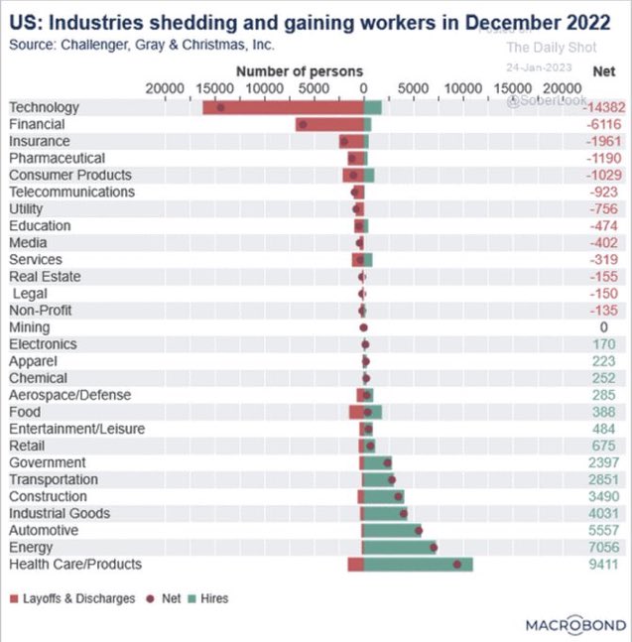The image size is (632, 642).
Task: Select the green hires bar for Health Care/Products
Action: tap(417, 565)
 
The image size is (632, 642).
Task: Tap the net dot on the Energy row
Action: tap(433, 547)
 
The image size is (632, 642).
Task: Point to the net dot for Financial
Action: tap(303, 124)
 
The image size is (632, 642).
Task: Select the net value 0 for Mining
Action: tap(603, 327)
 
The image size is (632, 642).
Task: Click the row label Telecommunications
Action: tap(71, 192)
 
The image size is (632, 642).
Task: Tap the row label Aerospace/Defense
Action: tap(69, 395)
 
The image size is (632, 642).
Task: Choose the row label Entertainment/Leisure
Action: tap(76, 429)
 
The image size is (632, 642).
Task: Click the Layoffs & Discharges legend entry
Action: tap(71, 598)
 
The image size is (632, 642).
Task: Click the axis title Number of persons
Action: tap(299, 71)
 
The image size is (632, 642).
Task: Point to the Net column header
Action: tap(603, 71)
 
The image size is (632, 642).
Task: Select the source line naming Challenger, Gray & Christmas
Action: tap(141, 45)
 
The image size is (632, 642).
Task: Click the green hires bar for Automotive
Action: tap(392, 531)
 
